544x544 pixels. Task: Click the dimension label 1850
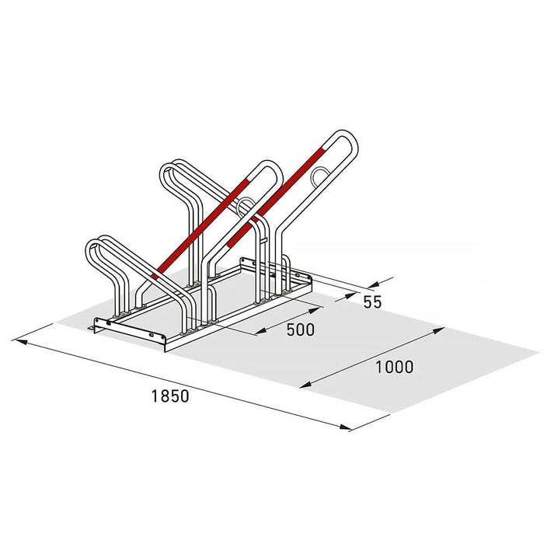[x=170, y=396]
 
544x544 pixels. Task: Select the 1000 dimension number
[x=395, y=367]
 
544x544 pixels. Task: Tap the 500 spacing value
[x=301, y=330]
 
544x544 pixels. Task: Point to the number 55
[x=372, y=302]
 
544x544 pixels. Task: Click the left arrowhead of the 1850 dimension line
[x=21, y=342]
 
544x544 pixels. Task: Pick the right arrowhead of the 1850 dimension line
[x=345, y=427]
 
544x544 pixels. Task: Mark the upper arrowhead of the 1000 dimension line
[x=438, y=330]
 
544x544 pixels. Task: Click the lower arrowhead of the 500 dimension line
[x=261, y=331]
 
